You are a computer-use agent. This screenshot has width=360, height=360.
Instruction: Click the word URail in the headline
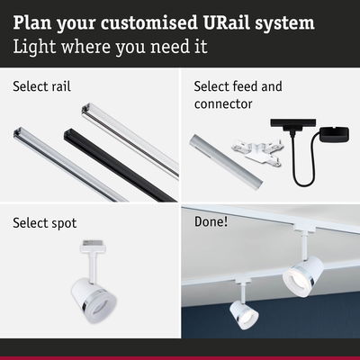click(x=227, y=22)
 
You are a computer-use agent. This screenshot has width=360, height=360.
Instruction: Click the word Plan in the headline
click(x=32, y=22)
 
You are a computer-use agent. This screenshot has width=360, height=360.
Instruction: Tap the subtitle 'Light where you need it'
click(x=110, y=47)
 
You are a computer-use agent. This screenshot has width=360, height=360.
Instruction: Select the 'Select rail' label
click(x=41, y=86)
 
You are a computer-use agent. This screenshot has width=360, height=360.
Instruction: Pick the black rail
click(x=120, y=165)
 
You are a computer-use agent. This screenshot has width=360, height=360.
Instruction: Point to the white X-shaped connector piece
click(x=256, y=152)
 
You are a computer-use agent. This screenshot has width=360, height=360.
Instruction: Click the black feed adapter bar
click(x=293, y=123)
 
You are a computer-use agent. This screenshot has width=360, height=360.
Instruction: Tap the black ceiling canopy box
click(x=334, y=135)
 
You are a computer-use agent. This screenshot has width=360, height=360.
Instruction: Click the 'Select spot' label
click(x=45, y=223)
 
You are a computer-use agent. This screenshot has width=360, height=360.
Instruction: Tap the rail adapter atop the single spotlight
click(x=94, y=247)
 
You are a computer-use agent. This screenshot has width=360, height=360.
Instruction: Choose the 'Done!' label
click(x=211, y=222)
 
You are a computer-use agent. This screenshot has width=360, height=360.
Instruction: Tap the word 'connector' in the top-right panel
click(x=223, y=104)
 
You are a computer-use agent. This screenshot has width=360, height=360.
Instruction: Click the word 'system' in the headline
click(x=284, y=23)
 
